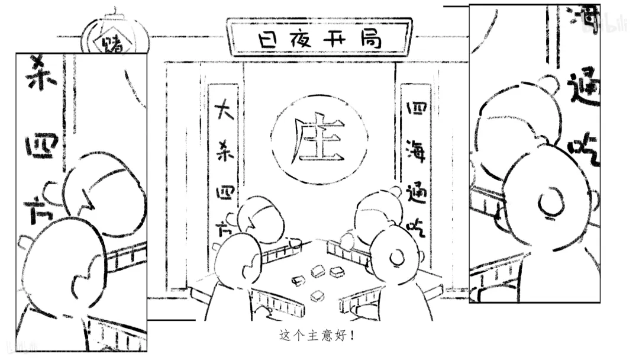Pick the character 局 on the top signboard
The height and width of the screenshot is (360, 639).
(x=370, y=40)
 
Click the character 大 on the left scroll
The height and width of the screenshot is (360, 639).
(x=224, y=111)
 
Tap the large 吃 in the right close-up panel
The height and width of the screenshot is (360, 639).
(x=583, y=145)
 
